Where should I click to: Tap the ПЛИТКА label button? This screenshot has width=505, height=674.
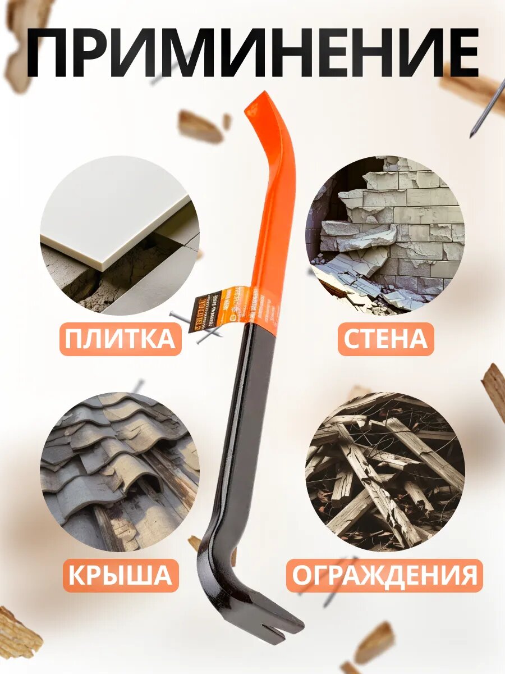pos(120,339)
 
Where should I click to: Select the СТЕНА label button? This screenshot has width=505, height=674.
pos(385,339)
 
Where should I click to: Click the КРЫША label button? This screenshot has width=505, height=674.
pos(120,575)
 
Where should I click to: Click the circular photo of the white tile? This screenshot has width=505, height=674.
pos(120,235)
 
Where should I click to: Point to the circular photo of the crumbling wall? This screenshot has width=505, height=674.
pos(385,234)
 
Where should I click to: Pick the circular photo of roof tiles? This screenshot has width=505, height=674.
pos(120,471)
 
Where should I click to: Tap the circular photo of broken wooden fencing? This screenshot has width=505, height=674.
pos(385,471)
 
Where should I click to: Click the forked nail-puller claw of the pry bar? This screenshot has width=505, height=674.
pos(281,623)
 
